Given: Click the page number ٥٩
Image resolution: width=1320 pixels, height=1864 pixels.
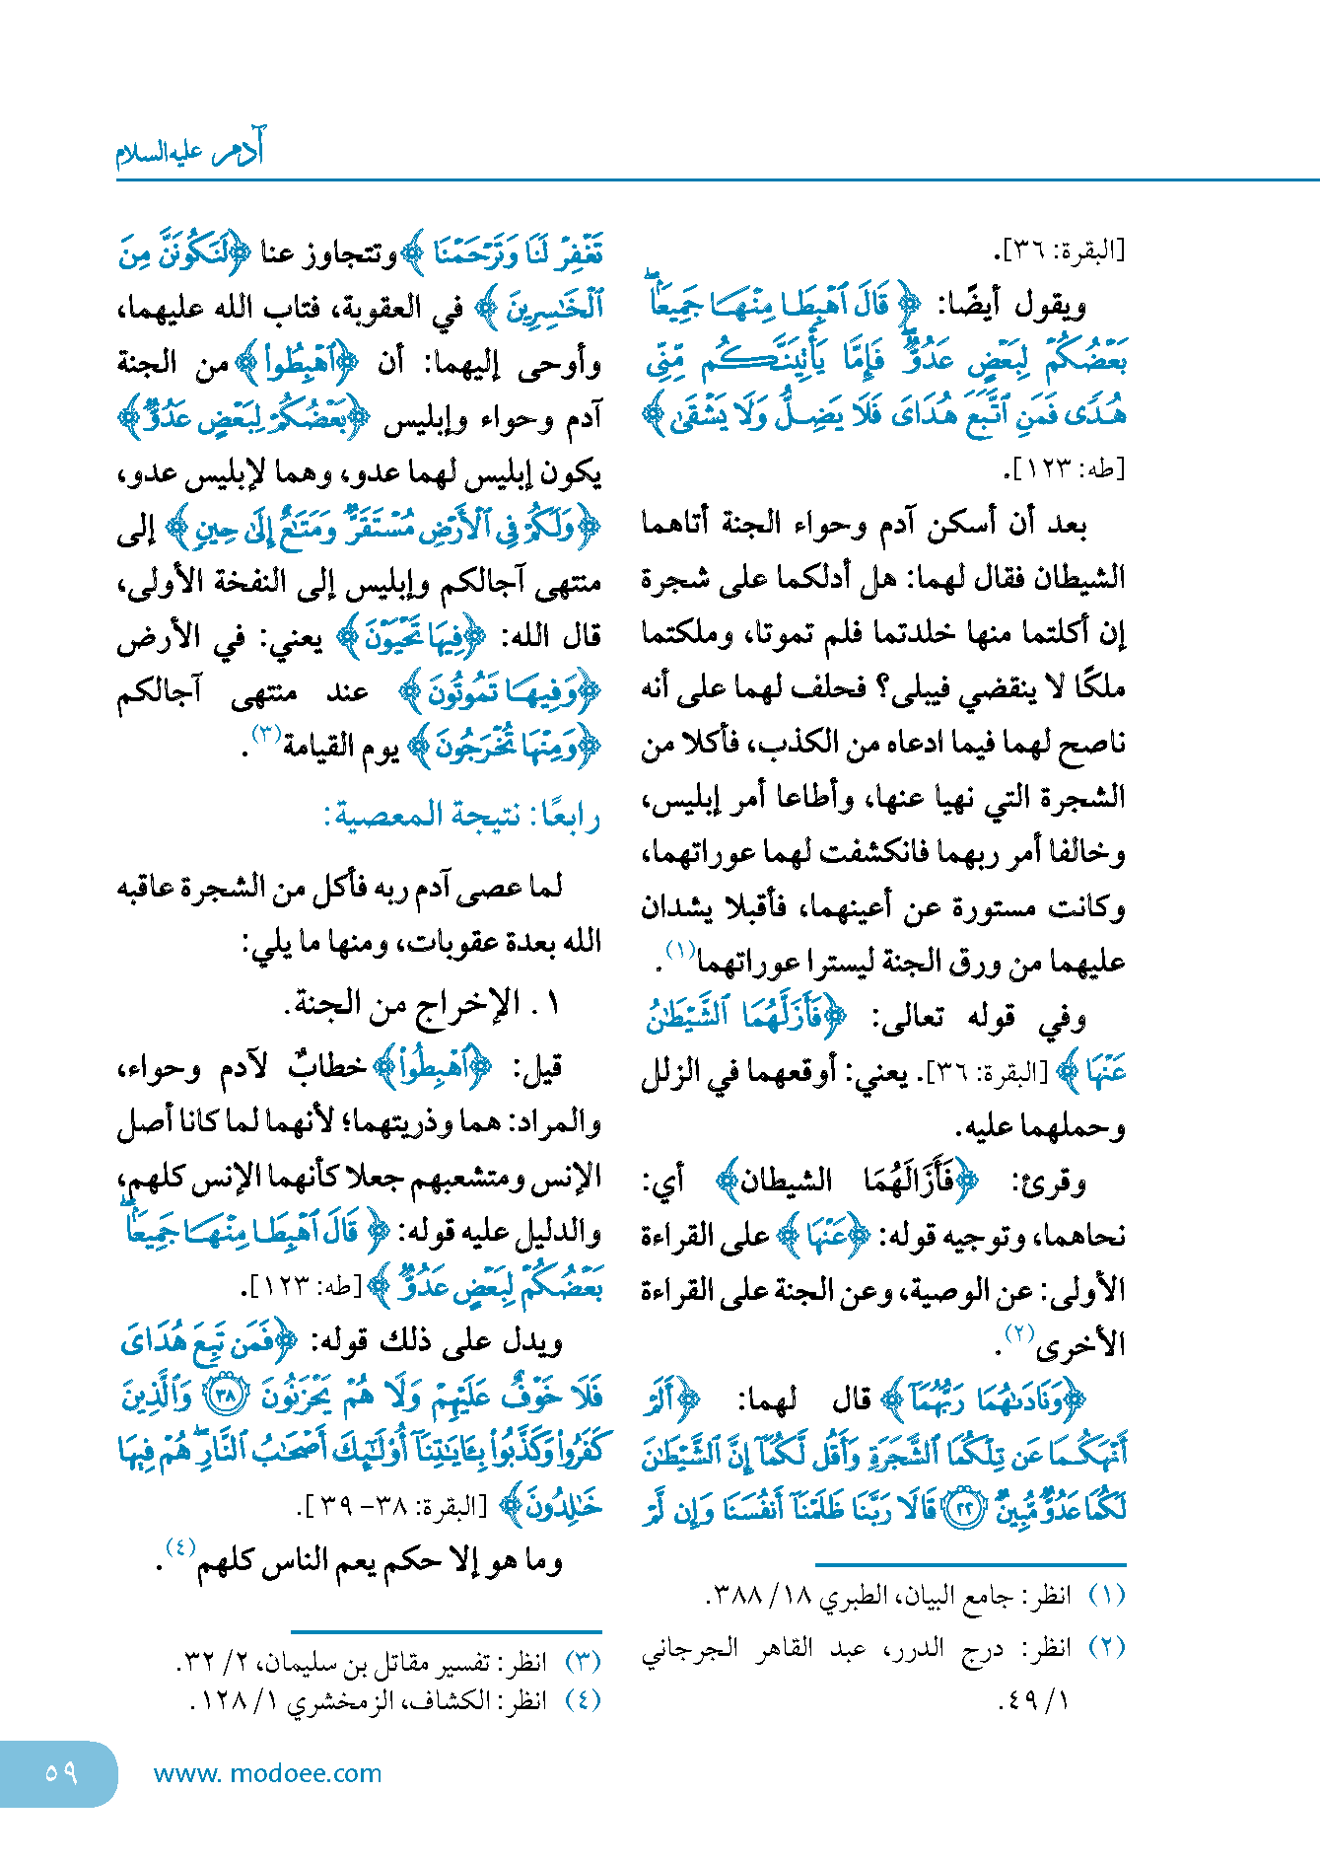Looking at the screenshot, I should pos(60,1772).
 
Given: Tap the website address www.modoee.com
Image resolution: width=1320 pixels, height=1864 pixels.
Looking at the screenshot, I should pos(267,1773).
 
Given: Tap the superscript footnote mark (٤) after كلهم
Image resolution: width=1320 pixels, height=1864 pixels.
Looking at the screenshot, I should pos(180,1546).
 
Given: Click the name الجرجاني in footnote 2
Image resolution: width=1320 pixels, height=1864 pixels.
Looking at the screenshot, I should pos(689,1648).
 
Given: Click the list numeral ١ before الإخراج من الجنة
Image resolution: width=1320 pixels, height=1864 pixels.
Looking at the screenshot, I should pos(552,1004).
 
